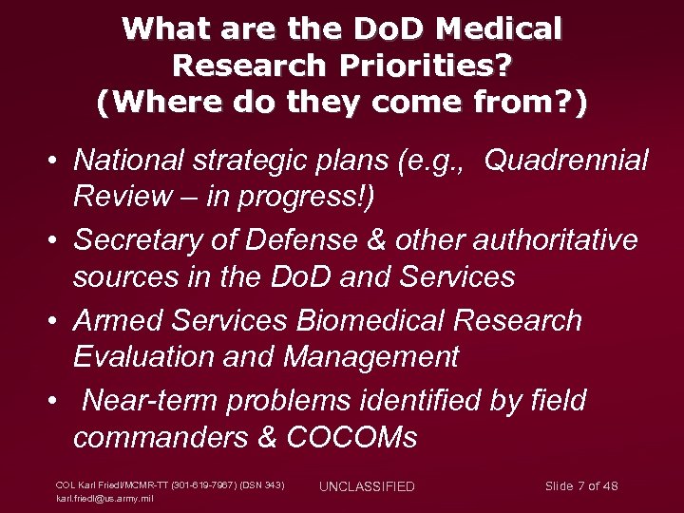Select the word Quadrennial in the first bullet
[567, 161]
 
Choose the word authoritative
[557, 240]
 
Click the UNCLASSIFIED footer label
[367, 487]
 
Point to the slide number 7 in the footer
[580, 486]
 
